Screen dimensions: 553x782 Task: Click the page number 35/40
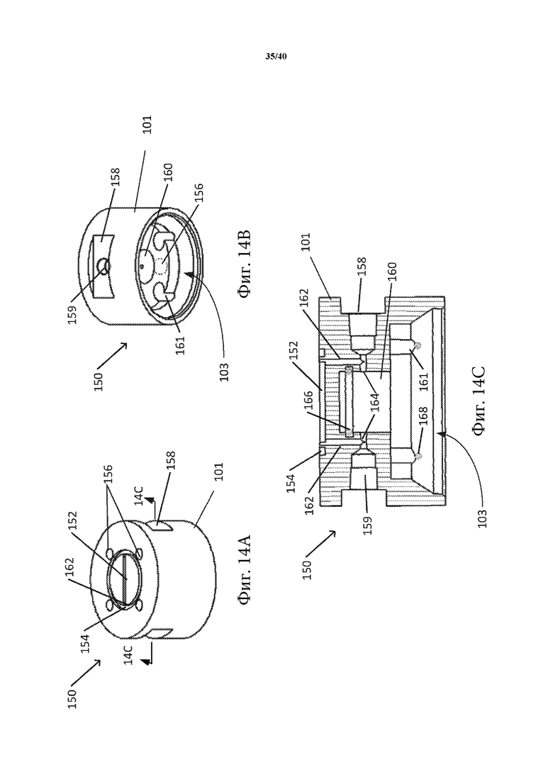coord(276,56)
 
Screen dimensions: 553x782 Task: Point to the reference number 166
coord(308,401)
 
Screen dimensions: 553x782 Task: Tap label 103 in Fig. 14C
coord(481,517)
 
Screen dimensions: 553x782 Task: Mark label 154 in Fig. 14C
coord(291,483)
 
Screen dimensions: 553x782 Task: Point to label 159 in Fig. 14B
coord(73,314)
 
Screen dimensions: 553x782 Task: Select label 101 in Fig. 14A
coord(218,471)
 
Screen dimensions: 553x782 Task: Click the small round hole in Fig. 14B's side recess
coord(104,267)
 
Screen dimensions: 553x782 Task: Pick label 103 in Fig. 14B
coord(224,371)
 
